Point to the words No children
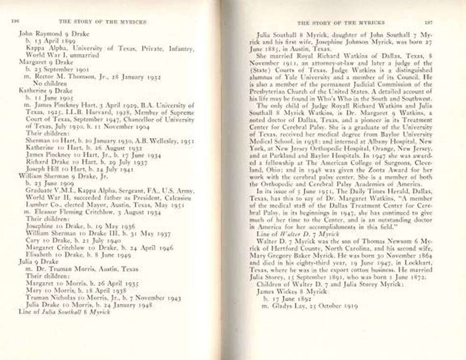pyautogui.click(x=49, y=83)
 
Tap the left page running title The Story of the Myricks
pyautogui.click(x=103, y=22)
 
